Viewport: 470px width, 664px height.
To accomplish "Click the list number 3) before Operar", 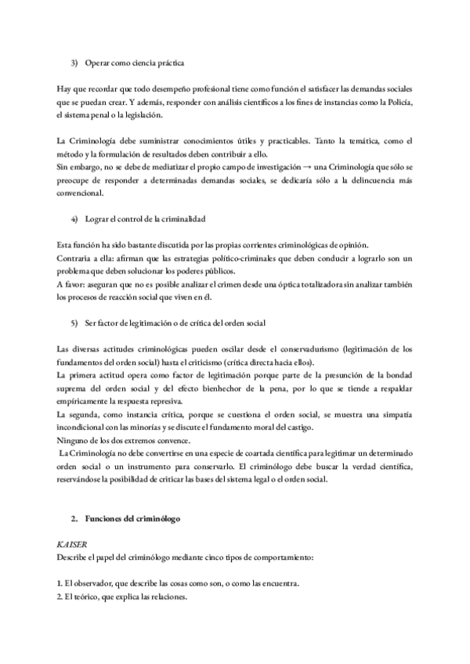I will tap(74, 62).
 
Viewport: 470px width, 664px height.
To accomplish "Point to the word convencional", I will tap(81, 192).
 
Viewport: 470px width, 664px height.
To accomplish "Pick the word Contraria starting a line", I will tap(73, 258).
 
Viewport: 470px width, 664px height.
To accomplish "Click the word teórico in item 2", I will tap(89, 597).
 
